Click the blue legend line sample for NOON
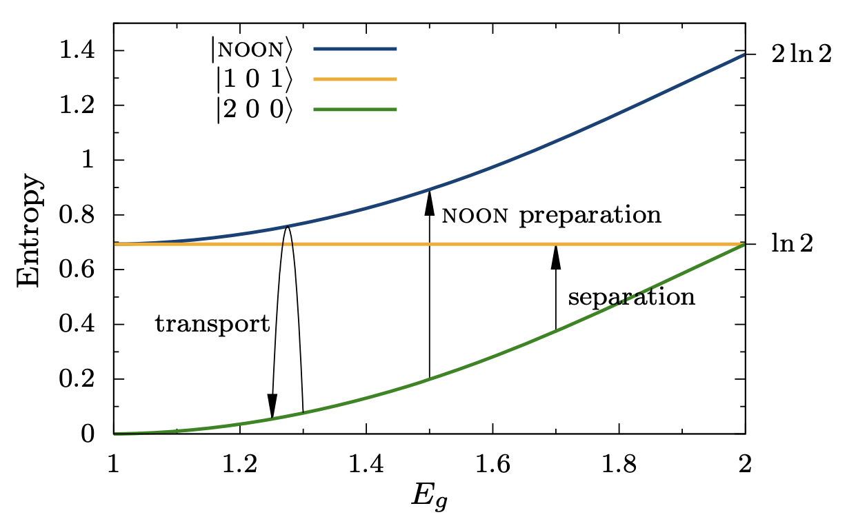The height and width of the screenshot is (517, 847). coord(355,49)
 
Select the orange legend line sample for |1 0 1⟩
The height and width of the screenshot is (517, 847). coord(355,79)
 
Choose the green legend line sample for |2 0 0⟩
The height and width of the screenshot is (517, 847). coord(355,110)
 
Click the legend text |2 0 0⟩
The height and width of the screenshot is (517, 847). coord(252,110)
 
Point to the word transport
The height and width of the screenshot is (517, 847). coord(212,324)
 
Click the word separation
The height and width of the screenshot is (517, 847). coord(631,298)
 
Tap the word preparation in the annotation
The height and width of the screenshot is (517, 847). coord(590,215)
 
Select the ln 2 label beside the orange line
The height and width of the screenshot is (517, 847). coord(793,244)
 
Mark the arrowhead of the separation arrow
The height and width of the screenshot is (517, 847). coord(556,257)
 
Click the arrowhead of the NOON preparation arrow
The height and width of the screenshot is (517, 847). coord(429,202)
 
